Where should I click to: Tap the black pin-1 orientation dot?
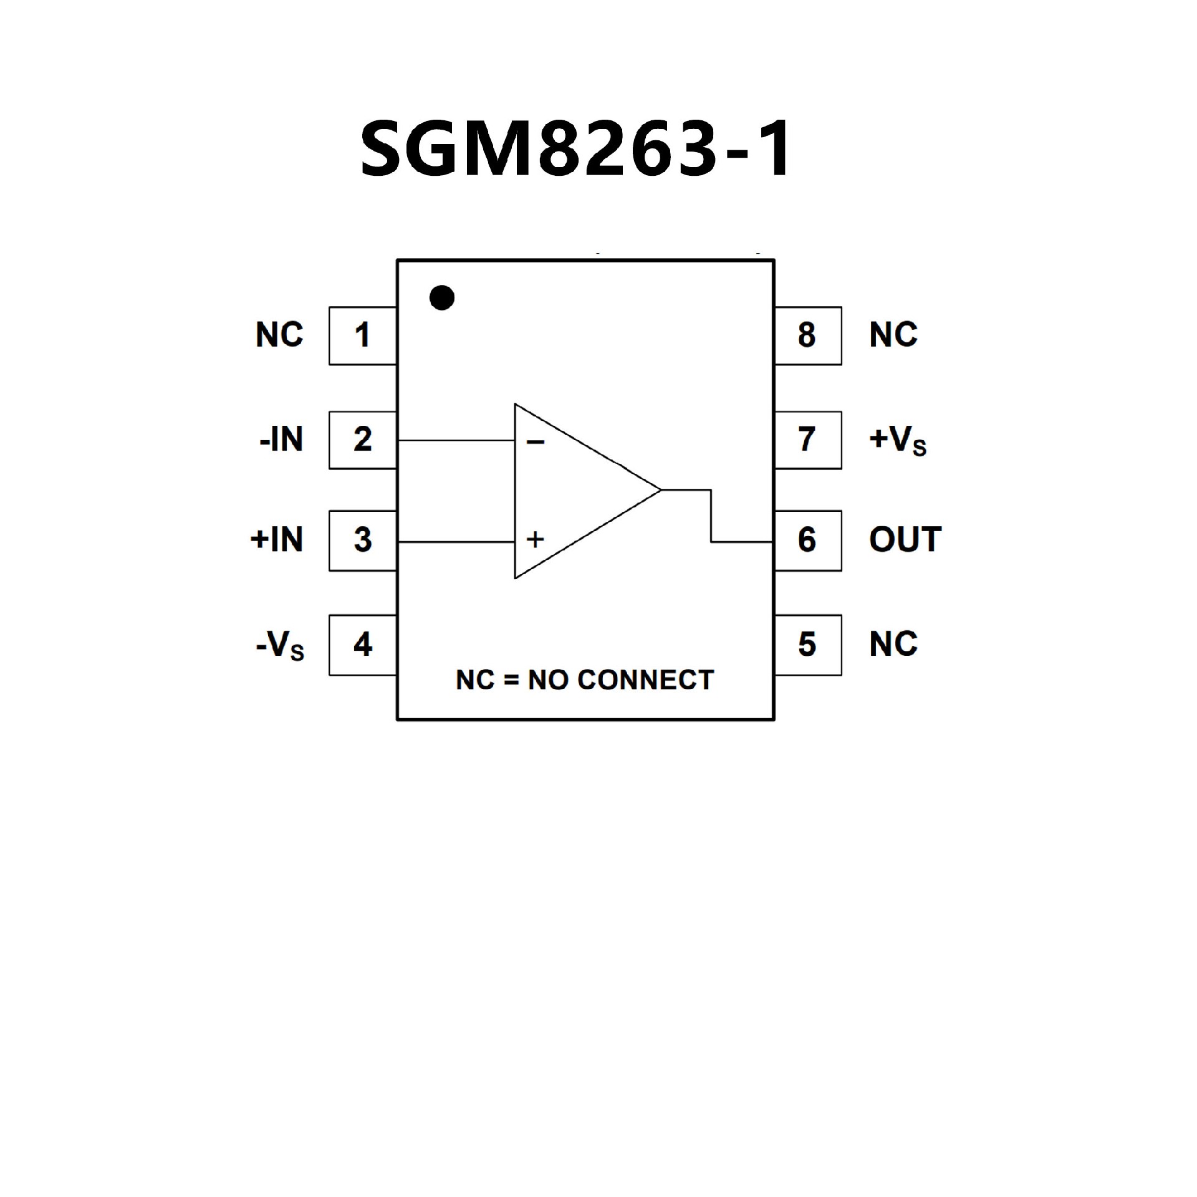pyautogui.click(x=442, y=298)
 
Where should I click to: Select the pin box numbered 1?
pyautogui.click(x=363, y=335)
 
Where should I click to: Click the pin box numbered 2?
pyautogui.click(x=363, y=440)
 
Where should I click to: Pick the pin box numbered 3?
pyautogui.click(x=363, y=540)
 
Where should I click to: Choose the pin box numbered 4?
pyautogui.click(x=363, y=645)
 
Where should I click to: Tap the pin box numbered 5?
pyautogui.click(x=807, y=645)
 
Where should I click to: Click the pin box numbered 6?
pyautogui.click(x=807, y=540)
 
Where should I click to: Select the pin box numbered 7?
pyautogui.click(x=807, y=440)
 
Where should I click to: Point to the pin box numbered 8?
pyautogui.click(x=807, y=335)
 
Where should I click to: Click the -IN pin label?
pyautogui.click(x=281, y=440)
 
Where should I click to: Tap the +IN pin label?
pyautogui.click(x=277, y=539)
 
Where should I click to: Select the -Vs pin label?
pyautogui.click(x=280, y=645)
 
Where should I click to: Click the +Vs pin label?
pyautogui.click(x=898, y=440)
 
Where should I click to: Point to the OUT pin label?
pyautogui.click(x=905, y=539)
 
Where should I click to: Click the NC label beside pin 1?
pyautogui.click(x=279, y=335)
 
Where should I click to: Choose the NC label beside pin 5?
pyautogui.click(x=893, y=644)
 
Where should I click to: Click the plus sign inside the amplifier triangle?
pyautogui.click(x=535, y=539)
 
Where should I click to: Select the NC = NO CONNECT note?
pyautogui.click(x=585, y=680)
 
